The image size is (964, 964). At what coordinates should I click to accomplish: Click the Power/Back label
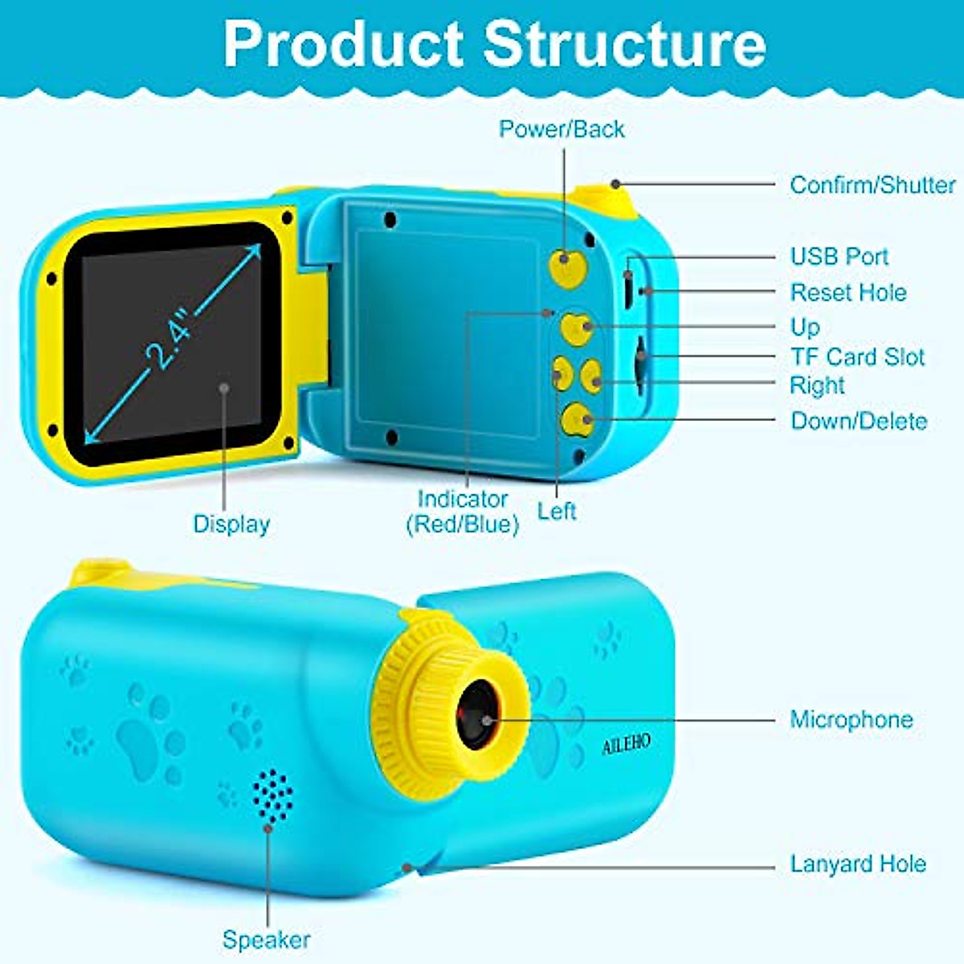pos(561,129)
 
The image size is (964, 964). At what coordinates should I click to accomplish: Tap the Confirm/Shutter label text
pos(872,185)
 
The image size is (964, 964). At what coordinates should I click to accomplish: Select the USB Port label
pos(839,257)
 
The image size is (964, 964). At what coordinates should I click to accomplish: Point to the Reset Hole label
pos(848,292)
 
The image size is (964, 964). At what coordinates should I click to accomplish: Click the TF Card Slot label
pos(857,357)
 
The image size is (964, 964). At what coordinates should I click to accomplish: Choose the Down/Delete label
pos(858,421)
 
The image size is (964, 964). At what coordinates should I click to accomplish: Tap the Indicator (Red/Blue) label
pos(462,512)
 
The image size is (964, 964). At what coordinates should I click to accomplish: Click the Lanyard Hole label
pos(857,864)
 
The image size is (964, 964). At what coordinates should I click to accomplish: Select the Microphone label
pos(851,719)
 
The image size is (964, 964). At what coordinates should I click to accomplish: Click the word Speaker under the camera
pos(266,939)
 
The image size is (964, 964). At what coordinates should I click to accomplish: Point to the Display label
pos(231,524)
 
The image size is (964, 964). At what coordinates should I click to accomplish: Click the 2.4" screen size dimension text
pos(171,342)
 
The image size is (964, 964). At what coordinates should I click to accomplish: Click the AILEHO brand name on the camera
pos(626,745)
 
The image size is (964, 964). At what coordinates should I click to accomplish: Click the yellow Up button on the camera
pos(578,327)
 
